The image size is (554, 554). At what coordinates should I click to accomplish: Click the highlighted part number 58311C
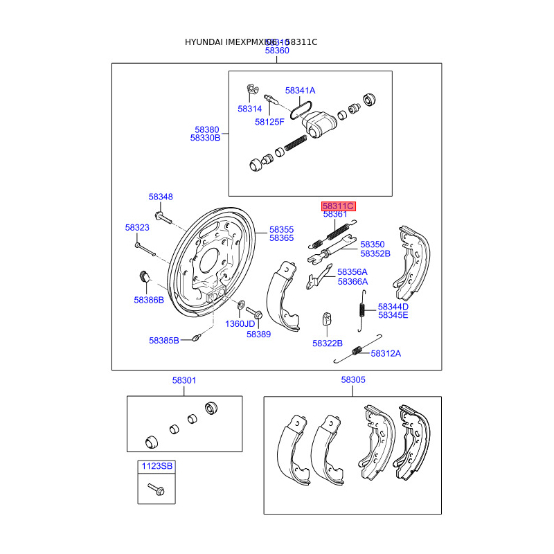coord(338,206)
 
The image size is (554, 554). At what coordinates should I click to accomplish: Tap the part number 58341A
coord(301,91)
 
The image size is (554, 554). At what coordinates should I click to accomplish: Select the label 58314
coord(249,109)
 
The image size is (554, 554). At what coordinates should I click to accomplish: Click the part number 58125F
coord(269,122)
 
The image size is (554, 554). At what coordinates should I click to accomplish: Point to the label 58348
coord(161,197)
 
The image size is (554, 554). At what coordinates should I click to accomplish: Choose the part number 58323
coord(137,228)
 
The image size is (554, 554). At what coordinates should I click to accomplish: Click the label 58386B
coord(149,300)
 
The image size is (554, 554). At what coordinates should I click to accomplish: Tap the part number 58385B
coord(163,340)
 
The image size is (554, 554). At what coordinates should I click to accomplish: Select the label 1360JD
coord(240,323)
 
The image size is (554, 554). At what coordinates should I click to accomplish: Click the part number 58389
coord(258,334)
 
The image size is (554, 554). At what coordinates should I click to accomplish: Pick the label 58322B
coord(327,343)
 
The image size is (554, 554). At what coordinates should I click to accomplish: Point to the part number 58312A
coord(386,353)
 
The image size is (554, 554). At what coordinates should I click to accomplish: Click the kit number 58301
coord(184,380)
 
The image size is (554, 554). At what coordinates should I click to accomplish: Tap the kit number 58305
coord(353,380)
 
